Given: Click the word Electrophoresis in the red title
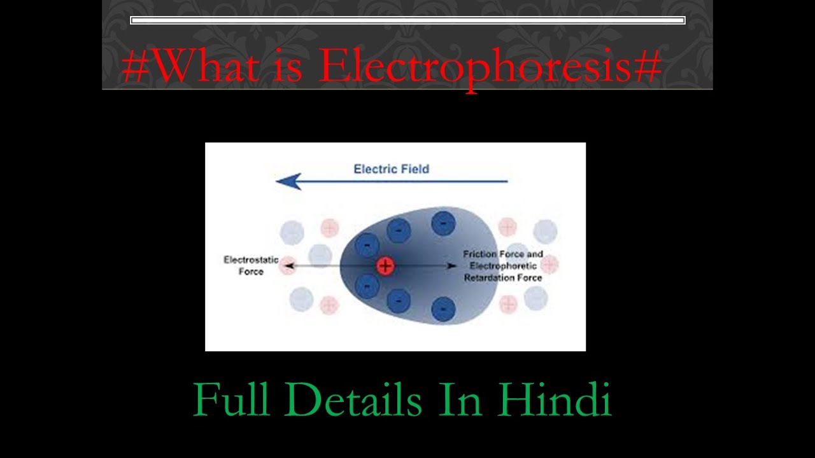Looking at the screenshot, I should [475, 66].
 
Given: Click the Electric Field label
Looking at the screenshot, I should [391, 169].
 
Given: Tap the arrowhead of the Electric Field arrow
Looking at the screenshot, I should [287, 181].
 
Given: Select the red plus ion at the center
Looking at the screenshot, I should [385, 266].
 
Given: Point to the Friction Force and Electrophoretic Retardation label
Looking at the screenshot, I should [503, 266].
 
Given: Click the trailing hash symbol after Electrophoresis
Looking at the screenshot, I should [648, 66].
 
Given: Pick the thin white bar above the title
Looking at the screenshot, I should [407, 20].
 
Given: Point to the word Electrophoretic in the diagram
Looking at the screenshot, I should [503, 266].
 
